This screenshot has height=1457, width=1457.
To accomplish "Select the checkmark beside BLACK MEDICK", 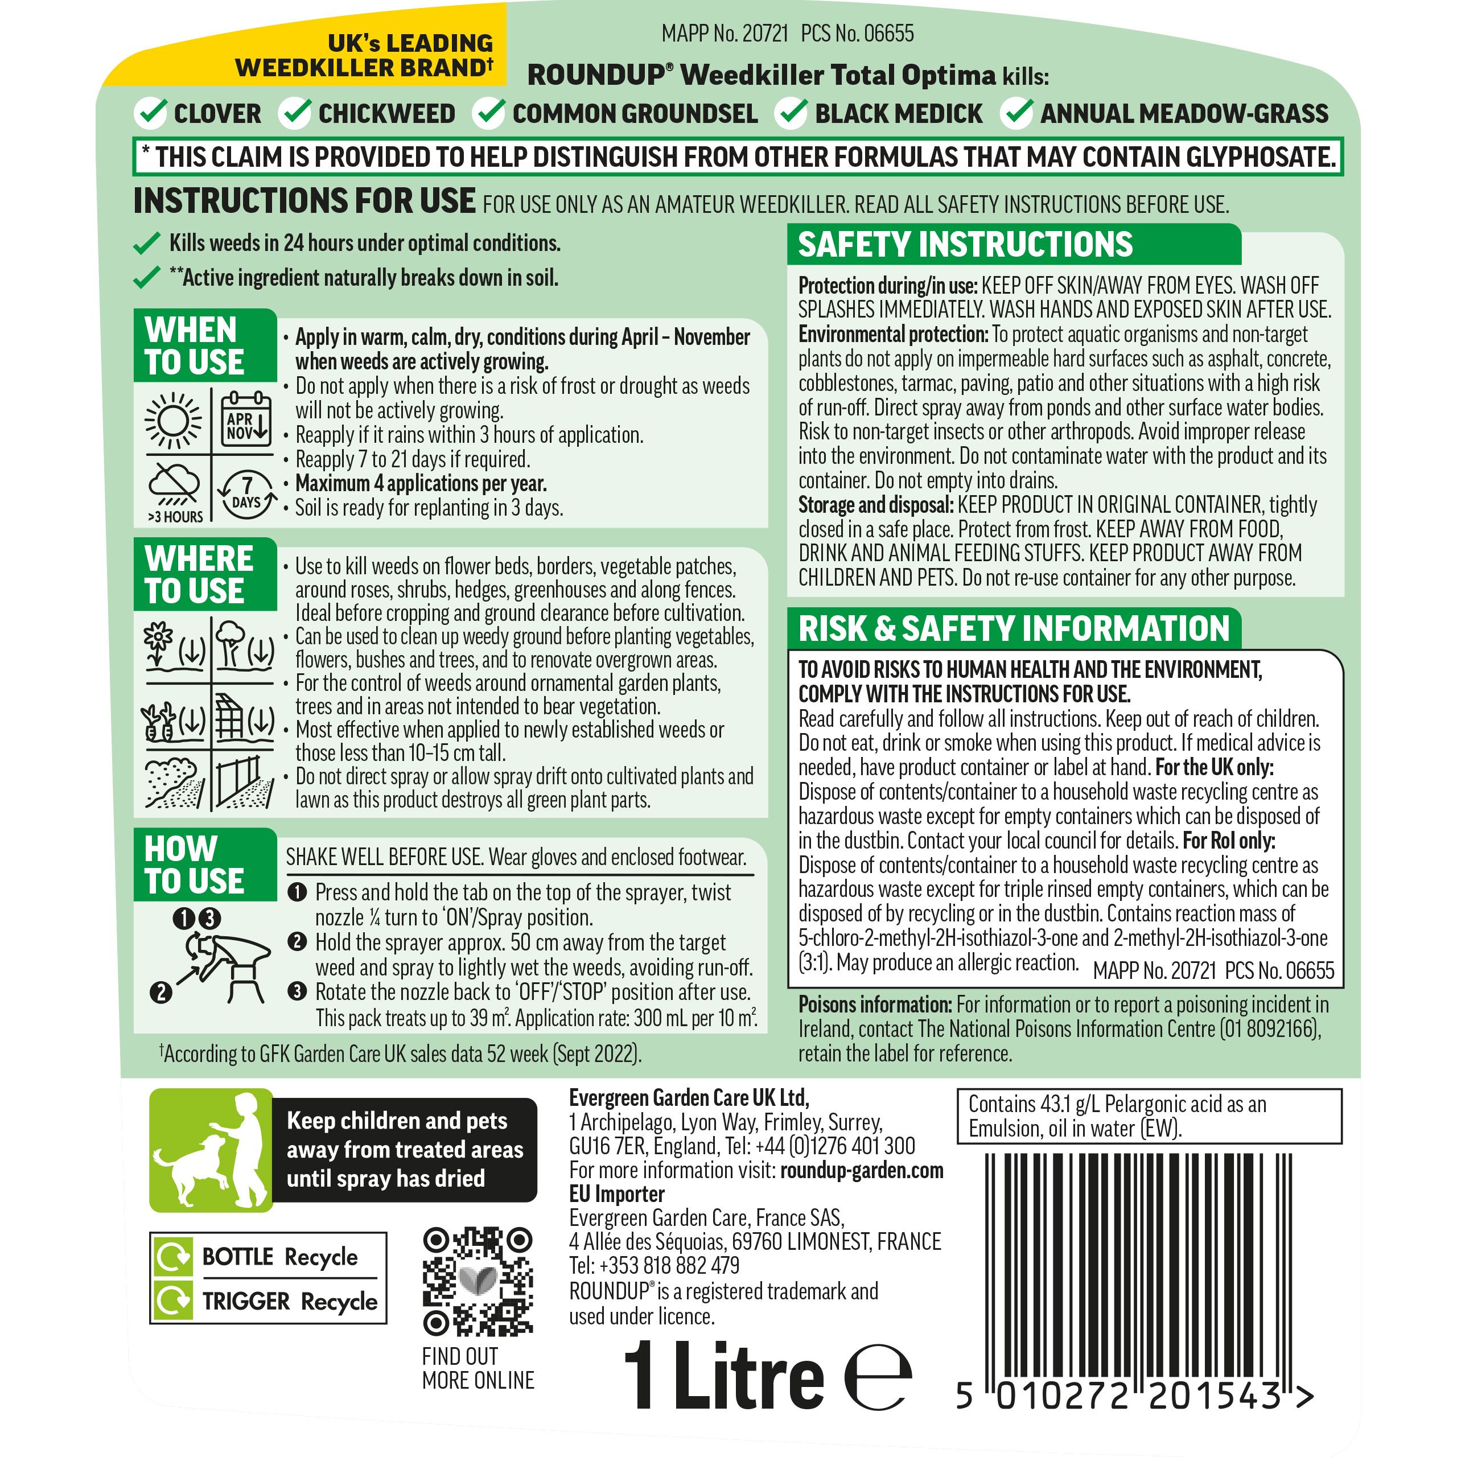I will pos(793,113).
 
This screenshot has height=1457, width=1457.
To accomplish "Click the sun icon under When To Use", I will pos(174,420).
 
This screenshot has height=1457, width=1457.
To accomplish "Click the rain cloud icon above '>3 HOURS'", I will pos(174,485).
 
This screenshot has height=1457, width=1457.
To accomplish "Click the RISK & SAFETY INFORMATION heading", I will pos(1014,629).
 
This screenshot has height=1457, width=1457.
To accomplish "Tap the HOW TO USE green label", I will pos(195,865).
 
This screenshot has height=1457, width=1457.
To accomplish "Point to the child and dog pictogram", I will pos(211,1150).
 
